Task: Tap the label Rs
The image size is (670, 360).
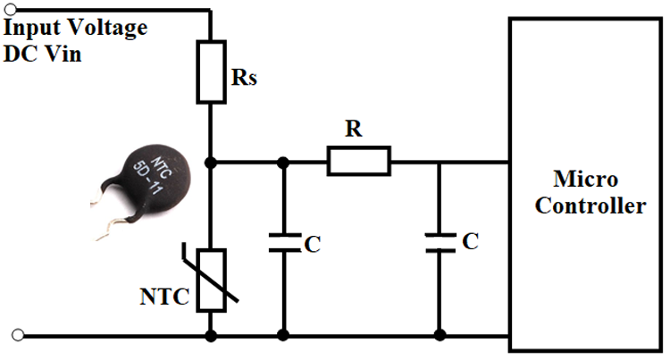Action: click(245, 80)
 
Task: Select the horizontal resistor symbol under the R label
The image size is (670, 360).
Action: click(358, 163)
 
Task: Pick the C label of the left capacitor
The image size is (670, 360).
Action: click(311, 244)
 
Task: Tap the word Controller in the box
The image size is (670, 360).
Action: click(587, 206)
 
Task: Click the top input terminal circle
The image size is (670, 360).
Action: click(12, 11)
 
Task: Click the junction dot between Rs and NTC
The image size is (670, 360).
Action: click(211, 163)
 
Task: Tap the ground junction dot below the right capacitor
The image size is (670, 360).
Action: click(439, 336)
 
